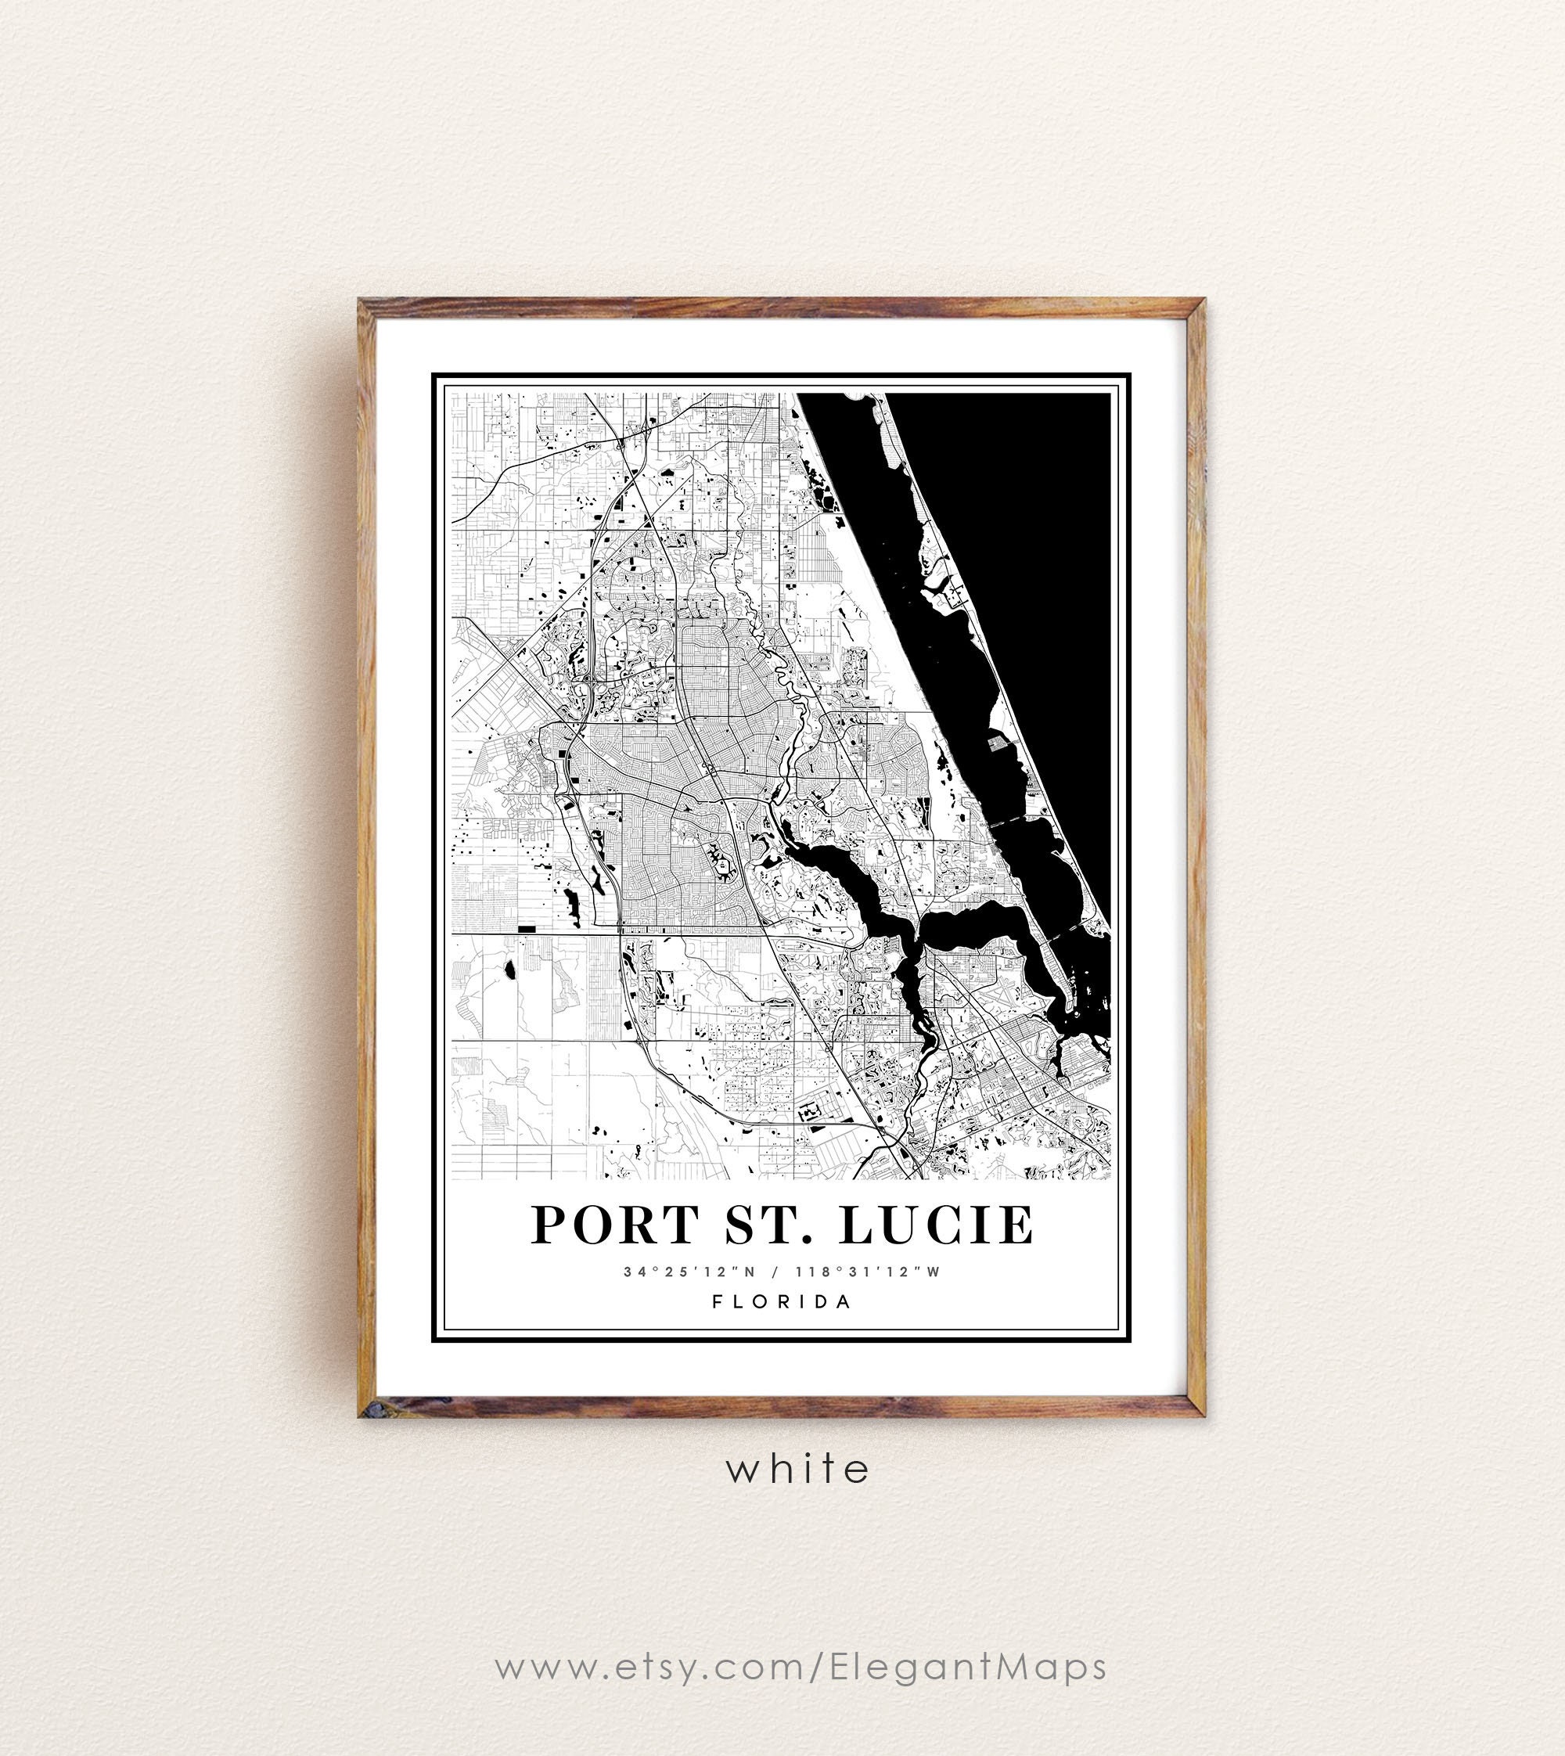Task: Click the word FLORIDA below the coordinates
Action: pyautogui.click(x=782, y=1301)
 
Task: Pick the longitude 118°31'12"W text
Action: pyautogui.click(x=869, y=1272)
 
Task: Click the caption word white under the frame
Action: pyautogui.click(x=798, y=1469)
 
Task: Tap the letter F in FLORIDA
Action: pyautogui.click(x=717, y=1301)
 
